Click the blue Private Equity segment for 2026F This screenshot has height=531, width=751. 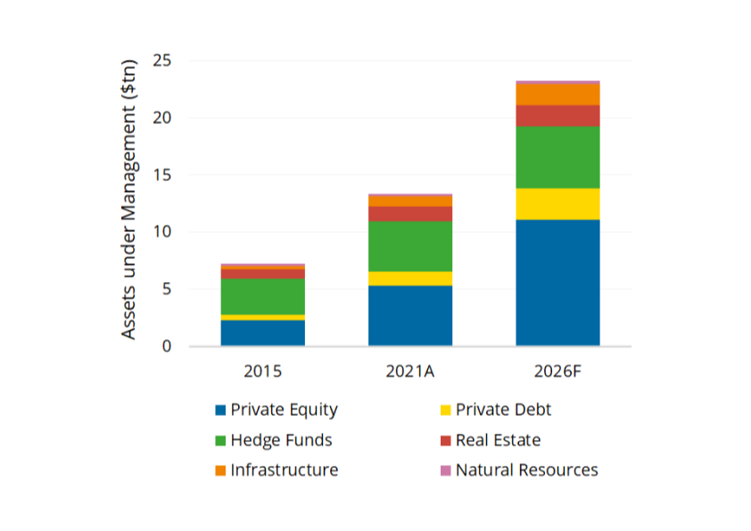click(x=557, y=282)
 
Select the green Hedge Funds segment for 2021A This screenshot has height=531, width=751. click(x=410, y=245)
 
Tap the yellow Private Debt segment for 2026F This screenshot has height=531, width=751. click(x=557, y=203)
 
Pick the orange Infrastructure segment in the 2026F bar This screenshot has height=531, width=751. click(x=557, y=94)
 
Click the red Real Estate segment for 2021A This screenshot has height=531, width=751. click(x=410, y=213)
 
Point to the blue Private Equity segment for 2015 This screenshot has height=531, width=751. click(x=263, y=332)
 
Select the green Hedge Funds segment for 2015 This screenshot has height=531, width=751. click(x=263, y=296)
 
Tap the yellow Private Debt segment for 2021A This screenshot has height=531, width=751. click(x=410, y=278)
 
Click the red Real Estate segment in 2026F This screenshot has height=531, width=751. click(x=557, y=115)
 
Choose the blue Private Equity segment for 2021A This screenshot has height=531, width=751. click(x=410, y=315)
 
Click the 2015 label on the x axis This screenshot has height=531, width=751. click(x=263, y=370)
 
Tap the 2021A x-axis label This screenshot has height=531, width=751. click(x=410, y=370)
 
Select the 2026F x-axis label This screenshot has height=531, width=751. click(x=557, y=370)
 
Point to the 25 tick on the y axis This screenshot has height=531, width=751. click(x=161, y=61)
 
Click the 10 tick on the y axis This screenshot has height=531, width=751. click(x=161, y=232)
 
